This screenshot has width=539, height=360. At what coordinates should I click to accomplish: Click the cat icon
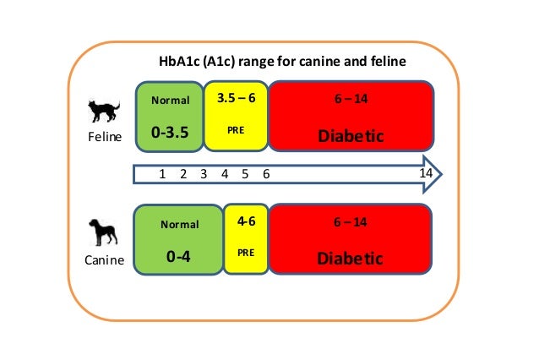tap(105, 111)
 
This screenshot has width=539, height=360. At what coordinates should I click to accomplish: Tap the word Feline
tap(105, 136)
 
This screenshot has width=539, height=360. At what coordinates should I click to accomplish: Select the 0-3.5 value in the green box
tap(169, 134)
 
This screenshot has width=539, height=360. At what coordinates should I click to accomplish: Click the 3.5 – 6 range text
tap(236, 99)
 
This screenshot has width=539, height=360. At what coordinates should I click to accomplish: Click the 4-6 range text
tap(247, 222)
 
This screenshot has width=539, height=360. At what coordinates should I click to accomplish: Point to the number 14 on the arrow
tap(427, 172)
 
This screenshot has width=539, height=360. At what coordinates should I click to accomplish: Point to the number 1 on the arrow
tap(161, 174)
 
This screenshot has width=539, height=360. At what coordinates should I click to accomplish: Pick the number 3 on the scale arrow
tap(204, 174)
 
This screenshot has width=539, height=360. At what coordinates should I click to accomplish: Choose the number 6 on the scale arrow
tap(265, 174)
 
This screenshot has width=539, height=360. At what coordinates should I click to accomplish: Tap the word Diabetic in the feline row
tap(350, 135)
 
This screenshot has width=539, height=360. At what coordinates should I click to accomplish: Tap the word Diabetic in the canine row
tap(350, 258)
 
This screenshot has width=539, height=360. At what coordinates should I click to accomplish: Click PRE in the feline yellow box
tap(236, 131)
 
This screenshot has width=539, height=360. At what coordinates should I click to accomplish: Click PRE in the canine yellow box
tap(246, 252)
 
